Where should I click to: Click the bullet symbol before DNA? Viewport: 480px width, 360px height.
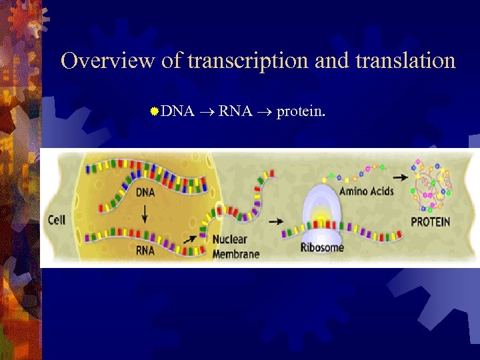click(x=154, y=111)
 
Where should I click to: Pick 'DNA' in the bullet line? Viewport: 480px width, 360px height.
click(x=177, y=111)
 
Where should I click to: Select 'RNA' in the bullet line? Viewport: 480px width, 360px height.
click(x=235, y=111)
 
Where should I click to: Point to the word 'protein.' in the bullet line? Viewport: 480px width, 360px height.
click(x=301, y=111)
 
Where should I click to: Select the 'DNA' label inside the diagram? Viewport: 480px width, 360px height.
click(x=147, y=193)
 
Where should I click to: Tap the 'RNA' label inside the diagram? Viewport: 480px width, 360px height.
click(x=145, y=251)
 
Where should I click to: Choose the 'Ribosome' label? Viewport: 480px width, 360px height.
click(x=322, y=248)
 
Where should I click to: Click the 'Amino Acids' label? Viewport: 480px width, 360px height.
click(x=367, y=191)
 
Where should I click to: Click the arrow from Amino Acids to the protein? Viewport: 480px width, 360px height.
click(x=401, y=178)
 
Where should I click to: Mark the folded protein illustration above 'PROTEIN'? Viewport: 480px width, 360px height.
click(x=433, y=183)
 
